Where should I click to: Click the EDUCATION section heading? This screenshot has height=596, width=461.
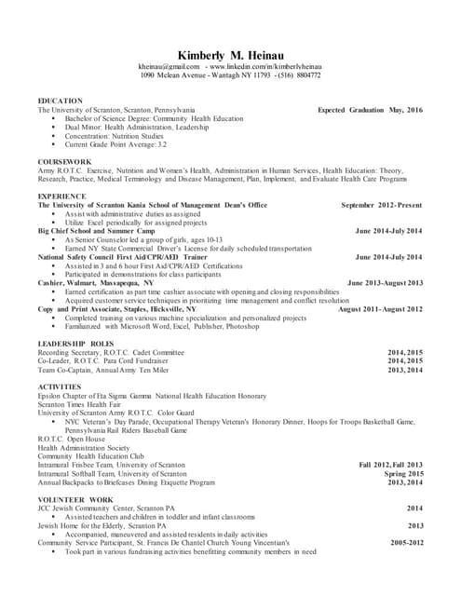click(60, 100)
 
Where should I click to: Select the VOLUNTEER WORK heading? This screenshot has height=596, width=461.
click(75, 500)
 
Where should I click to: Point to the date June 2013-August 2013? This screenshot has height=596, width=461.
click(385, 282)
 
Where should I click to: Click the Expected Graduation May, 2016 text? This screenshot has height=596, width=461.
click(370, 110)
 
